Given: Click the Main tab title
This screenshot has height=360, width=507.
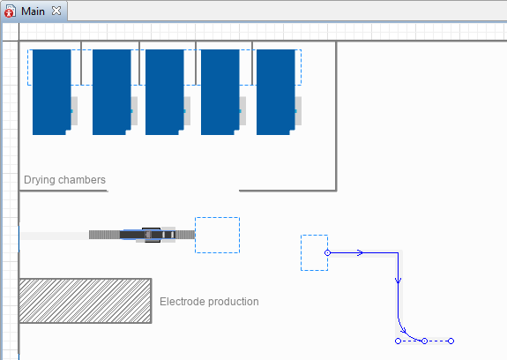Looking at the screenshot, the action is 33,11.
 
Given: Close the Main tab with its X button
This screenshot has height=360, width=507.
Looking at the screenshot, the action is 56,11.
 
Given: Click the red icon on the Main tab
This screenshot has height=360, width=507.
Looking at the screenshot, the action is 10,11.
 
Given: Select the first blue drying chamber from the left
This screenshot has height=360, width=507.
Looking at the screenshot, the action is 52,92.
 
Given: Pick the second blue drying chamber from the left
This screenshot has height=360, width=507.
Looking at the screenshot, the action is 112,92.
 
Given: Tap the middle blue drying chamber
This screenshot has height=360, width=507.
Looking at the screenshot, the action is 165,92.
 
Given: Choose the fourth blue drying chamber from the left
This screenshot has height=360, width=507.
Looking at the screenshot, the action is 220,92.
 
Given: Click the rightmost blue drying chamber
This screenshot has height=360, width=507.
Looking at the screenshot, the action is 276,92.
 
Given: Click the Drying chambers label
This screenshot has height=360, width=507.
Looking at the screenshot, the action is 64,180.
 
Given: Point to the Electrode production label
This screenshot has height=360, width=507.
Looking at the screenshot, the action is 209,302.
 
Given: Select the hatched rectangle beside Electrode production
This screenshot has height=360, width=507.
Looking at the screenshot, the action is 86,301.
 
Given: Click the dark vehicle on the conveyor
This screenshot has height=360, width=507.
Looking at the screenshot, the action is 148,235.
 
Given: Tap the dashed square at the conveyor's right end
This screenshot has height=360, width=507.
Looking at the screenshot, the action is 217,236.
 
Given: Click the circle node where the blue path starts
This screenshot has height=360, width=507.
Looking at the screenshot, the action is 327,252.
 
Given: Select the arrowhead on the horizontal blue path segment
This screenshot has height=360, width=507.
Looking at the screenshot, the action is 360,252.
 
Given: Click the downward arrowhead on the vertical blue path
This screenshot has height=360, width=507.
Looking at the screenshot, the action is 398,280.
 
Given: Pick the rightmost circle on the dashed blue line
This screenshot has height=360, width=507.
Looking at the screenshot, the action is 451,341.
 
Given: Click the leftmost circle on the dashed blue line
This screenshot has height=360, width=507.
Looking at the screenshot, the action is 398,341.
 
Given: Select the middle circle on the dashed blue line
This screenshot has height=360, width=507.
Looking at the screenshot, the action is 424,341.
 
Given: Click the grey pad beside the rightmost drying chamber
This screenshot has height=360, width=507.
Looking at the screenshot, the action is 298,111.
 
